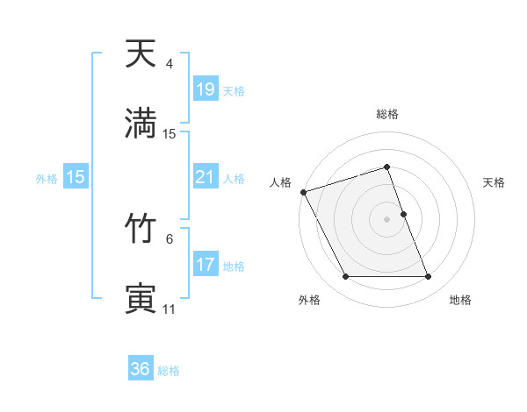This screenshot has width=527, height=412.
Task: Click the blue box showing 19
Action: click(205, 89)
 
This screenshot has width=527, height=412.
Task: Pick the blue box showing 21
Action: click(205, 177)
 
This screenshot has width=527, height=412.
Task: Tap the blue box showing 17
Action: click(205, 265)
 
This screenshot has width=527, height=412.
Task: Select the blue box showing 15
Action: click(76, 177)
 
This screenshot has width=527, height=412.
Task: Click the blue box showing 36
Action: click(141, 369)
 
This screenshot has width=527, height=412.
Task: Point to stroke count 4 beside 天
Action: click(170, 64)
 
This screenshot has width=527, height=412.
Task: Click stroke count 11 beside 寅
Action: click(170, 309)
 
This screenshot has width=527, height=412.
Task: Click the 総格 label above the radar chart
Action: click(387, 114)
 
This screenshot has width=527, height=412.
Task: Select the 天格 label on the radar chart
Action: click(495, 182)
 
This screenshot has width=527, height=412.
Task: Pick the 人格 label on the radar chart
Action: click(281, 182)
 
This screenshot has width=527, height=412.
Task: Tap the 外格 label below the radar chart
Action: click(309, 300)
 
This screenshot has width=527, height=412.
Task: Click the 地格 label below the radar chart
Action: click(460, 300)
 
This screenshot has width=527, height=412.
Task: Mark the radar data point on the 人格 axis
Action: click(303, 192)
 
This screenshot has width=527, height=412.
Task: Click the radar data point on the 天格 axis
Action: click(403, 214)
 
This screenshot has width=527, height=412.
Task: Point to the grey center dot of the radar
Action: click(387, 219)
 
